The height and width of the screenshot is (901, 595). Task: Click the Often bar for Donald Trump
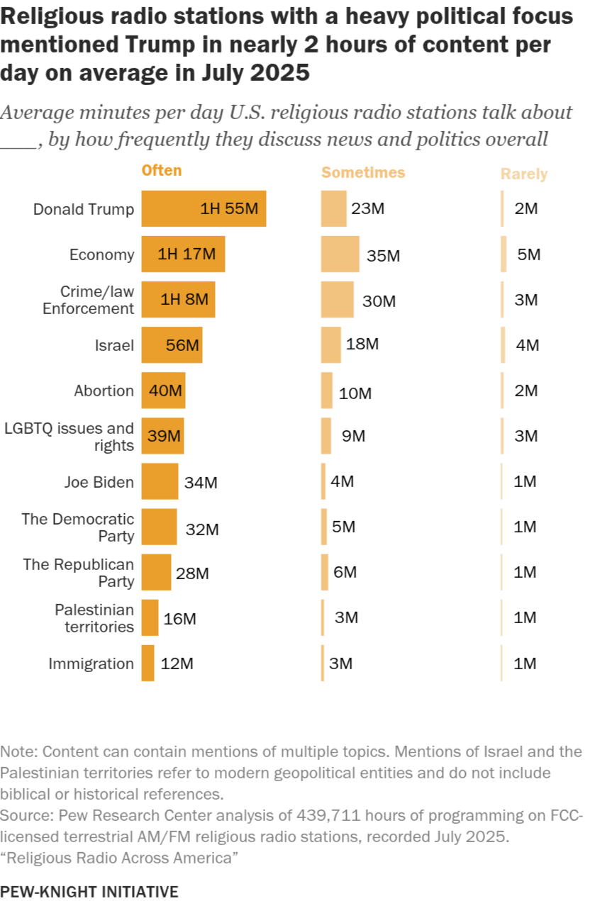[204, 209]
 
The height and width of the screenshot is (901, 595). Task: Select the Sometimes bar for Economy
[340, 254]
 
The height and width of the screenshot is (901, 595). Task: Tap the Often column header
[162, 171]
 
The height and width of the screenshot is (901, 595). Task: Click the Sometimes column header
[363, 173]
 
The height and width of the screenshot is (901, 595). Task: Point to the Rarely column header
[524, 174]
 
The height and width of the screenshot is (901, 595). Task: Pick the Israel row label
[114, 346]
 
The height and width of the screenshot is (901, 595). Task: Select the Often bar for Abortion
[163, 391]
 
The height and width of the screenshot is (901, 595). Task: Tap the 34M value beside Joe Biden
[201, 483]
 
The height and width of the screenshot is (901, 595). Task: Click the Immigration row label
[91, 664]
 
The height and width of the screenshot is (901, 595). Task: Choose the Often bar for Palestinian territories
[150, 617]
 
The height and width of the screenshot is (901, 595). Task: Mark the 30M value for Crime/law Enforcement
[379, 301]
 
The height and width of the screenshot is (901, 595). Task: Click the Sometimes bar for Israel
[330, 345]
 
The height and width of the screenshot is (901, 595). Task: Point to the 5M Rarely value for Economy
[529, 254]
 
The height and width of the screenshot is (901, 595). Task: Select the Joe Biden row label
[99, 483]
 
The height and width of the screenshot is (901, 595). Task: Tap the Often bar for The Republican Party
[156, 573]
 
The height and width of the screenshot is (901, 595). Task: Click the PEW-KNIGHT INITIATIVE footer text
[89, 891]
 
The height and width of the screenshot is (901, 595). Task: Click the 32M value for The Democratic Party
[202, 529]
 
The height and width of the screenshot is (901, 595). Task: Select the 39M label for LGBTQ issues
[165, 437]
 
